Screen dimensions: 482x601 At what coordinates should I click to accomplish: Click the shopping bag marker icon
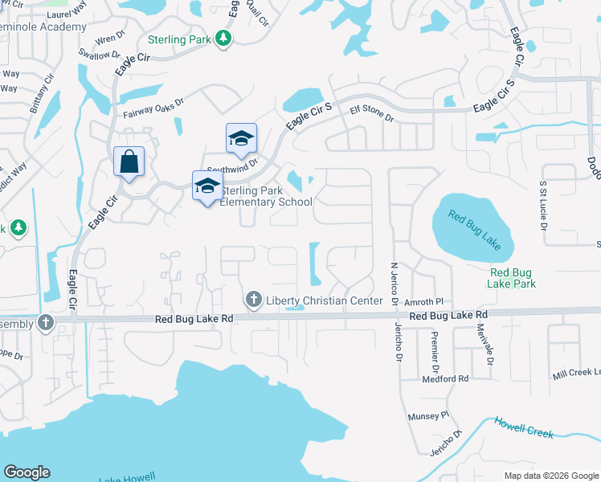129,161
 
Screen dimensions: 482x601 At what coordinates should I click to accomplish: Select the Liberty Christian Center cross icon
254,300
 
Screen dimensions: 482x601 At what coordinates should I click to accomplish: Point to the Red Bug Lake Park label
513,278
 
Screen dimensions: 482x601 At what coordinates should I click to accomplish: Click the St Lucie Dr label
543,211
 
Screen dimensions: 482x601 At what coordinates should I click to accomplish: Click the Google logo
27,472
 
